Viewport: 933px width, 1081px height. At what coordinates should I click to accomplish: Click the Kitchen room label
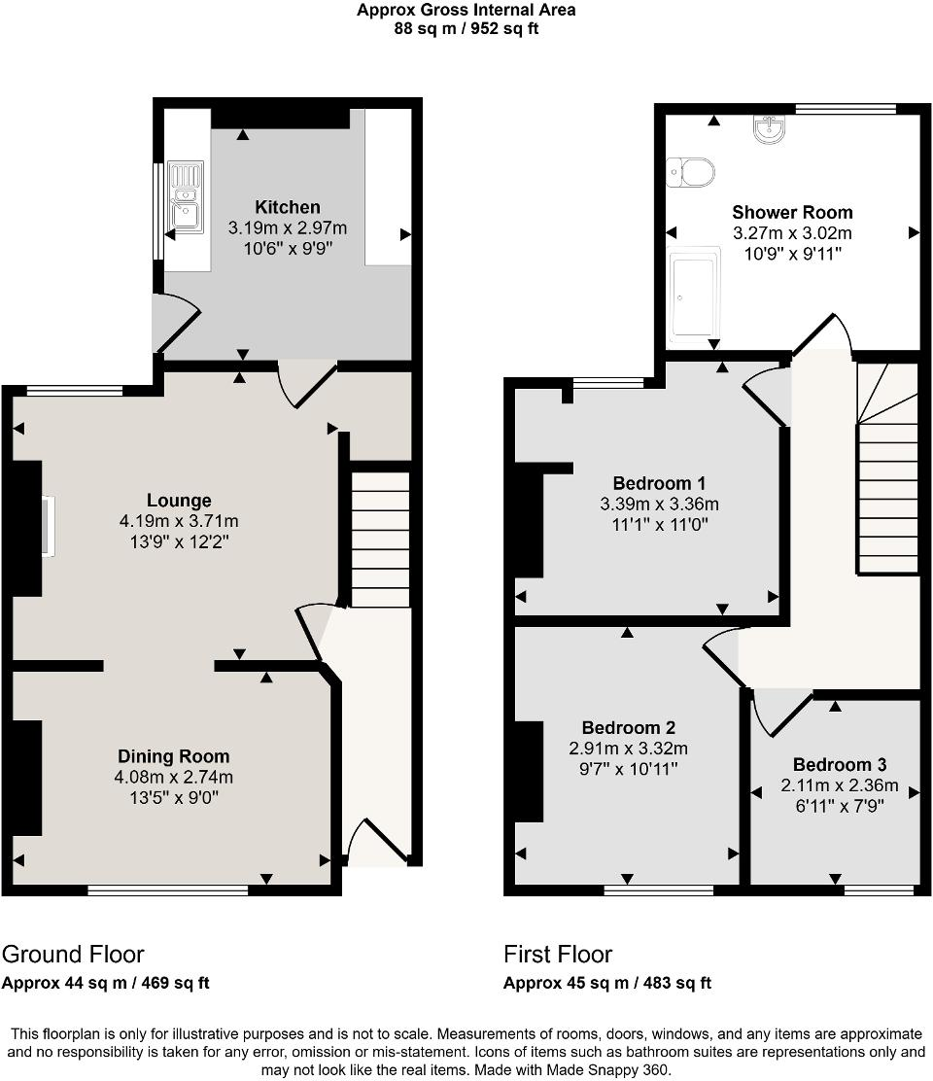pyautogui.click(x=287, y=207)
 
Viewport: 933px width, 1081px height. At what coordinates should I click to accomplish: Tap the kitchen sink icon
pyautogui.click(x=185, y=198)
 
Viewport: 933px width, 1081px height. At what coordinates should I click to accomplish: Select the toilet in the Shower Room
pyautogui.click(x=691, y=172)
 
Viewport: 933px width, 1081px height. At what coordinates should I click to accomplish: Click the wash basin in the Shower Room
pyautogui.click(x=774, y=127)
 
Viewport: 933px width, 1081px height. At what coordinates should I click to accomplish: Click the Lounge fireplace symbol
pyautogui.click(x=47, y=526)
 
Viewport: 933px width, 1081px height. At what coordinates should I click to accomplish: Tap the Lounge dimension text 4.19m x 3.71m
pyautogui.click(x=178, y=521)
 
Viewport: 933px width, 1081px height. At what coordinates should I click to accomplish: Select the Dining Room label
pyautogui.click(x=173, y=756)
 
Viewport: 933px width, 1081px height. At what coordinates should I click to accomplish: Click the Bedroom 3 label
pyautogui.click(x=839, y=765)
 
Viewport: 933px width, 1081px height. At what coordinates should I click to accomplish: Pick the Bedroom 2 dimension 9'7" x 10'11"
pyautogui.click(x=628, y=769)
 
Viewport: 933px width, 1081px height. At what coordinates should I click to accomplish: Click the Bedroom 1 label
pyautogui.click(x=659, y=483)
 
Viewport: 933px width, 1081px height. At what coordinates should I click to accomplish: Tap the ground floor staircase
pyautogui.click(x=379, y=540)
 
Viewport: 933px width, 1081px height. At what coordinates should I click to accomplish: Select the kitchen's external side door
pyautogui.click(x=175, y=322)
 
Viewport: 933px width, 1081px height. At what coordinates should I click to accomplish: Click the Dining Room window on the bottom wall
pyautogui.click(x=167, y=889)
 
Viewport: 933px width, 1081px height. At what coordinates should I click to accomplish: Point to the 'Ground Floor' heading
pyautogui.click(x=73, y=954)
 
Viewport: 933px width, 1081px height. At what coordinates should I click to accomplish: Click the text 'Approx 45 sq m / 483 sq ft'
pyautogui.click(x=606, y=983)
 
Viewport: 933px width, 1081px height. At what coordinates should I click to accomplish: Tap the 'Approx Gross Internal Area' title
pyautogui.click(x=466, y=11)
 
